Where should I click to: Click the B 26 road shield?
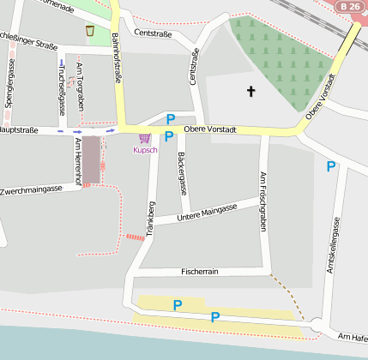[x=348, y=7]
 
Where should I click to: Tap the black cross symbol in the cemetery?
[x=251, y=90]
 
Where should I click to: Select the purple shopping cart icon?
[x=144, y=138]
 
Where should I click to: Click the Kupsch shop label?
[x=144, y=151]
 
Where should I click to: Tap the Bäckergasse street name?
[x=182, y=171]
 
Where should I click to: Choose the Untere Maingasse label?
[x=206, y=213]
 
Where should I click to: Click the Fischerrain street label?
[x=201, y=271]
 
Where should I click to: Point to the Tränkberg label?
[x=151, y=218]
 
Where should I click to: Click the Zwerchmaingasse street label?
[x=32, y=189]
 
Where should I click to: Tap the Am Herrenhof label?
[x=77, y=160]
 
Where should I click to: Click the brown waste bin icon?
[x=90, y=31]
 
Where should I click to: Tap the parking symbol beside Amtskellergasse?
[x=330, y=166]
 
